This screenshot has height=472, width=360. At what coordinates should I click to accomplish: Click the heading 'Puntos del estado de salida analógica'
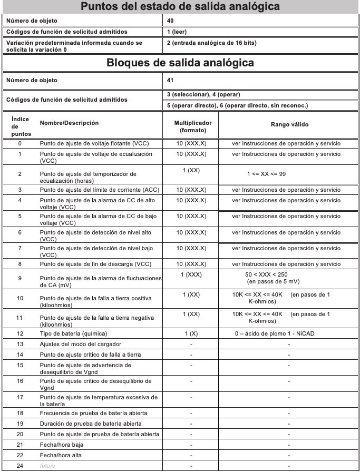tap(180, 8)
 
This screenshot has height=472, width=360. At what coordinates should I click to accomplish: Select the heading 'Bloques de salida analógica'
tap(180, 63)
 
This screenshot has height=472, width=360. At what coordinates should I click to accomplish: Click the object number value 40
tap(170, 21)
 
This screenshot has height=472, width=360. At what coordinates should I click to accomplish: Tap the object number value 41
tap(170, 81)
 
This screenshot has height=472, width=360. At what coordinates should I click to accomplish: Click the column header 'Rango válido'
tap(289, 124)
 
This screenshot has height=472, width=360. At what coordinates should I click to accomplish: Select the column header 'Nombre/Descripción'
tap(69, 123)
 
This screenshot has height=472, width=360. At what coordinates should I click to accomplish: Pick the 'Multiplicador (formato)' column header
tap(193, 126)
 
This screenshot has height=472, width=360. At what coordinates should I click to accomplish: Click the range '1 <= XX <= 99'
tap(266, 173)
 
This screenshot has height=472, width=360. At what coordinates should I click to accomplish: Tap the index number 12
tap(20, 333)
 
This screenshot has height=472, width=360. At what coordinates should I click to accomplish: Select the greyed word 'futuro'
tap(47, 466)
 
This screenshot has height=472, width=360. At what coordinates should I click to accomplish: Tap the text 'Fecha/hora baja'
tap(61, 445)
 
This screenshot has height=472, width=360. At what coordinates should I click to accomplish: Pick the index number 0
tap(20, 143)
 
